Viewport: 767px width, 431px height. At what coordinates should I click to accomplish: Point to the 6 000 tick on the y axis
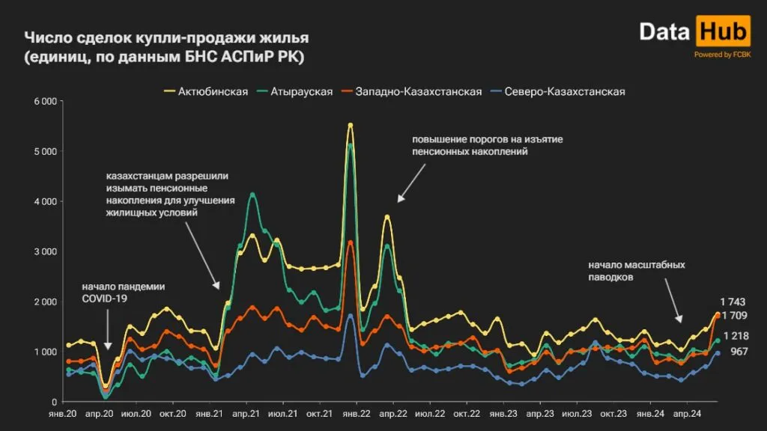point(46,101)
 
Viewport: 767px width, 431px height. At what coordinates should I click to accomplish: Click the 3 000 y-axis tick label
point(46,251)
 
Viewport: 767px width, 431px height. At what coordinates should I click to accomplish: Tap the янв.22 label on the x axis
point(351,413)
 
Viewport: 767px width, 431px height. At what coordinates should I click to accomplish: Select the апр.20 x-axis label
point(100,413)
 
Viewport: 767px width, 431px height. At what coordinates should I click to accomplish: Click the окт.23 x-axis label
point(613,413)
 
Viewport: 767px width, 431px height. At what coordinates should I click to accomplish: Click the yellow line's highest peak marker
point(351,125)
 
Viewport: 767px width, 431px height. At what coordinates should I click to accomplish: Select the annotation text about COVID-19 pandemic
point(124,293)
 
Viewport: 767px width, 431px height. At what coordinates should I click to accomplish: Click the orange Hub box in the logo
point(723,32)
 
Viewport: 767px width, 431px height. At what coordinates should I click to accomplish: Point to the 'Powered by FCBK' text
point(722,55)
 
